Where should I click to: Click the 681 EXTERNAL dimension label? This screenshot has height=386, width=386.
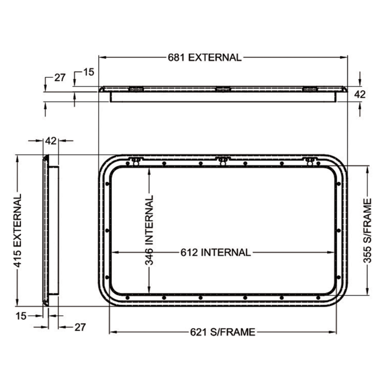[205, 57]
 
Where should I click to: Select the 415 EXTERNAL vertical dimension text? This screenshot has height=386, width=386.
[17, 230]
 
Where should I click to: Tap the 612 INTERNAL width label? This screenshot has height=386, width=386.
[216, 252]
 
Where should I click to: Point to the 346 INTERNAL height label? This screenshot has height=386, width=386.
[149, 230]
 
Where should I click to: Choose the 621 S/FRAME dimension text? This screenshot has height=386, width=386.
[222, 332]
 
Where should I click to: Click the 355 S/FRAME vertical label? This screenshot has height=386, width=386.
[367, 231]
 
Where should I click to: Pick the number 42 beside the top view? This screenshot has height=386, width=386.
[360, 94]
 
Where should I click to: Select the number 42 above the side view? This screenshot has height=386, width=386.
[51, 141]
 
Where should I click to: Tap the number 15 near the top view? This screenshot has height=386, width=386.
[89, 72]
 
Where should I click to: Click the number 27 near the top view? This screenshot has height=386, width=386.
[60, 78]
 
